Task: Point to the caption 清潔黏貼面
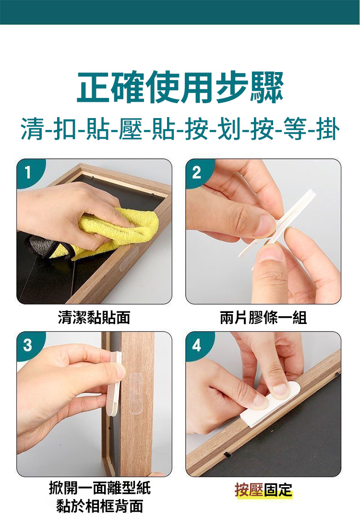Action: [94, 318]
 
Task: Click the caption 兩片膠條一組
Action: [264, 318]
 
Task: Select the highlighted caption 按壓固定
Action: [264, 490]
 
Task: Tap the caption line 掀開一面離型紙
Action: [100, 488]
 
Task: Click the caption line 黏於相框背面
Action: [100, 505]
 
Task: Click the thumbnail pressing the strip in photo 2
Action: [270, 254]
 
